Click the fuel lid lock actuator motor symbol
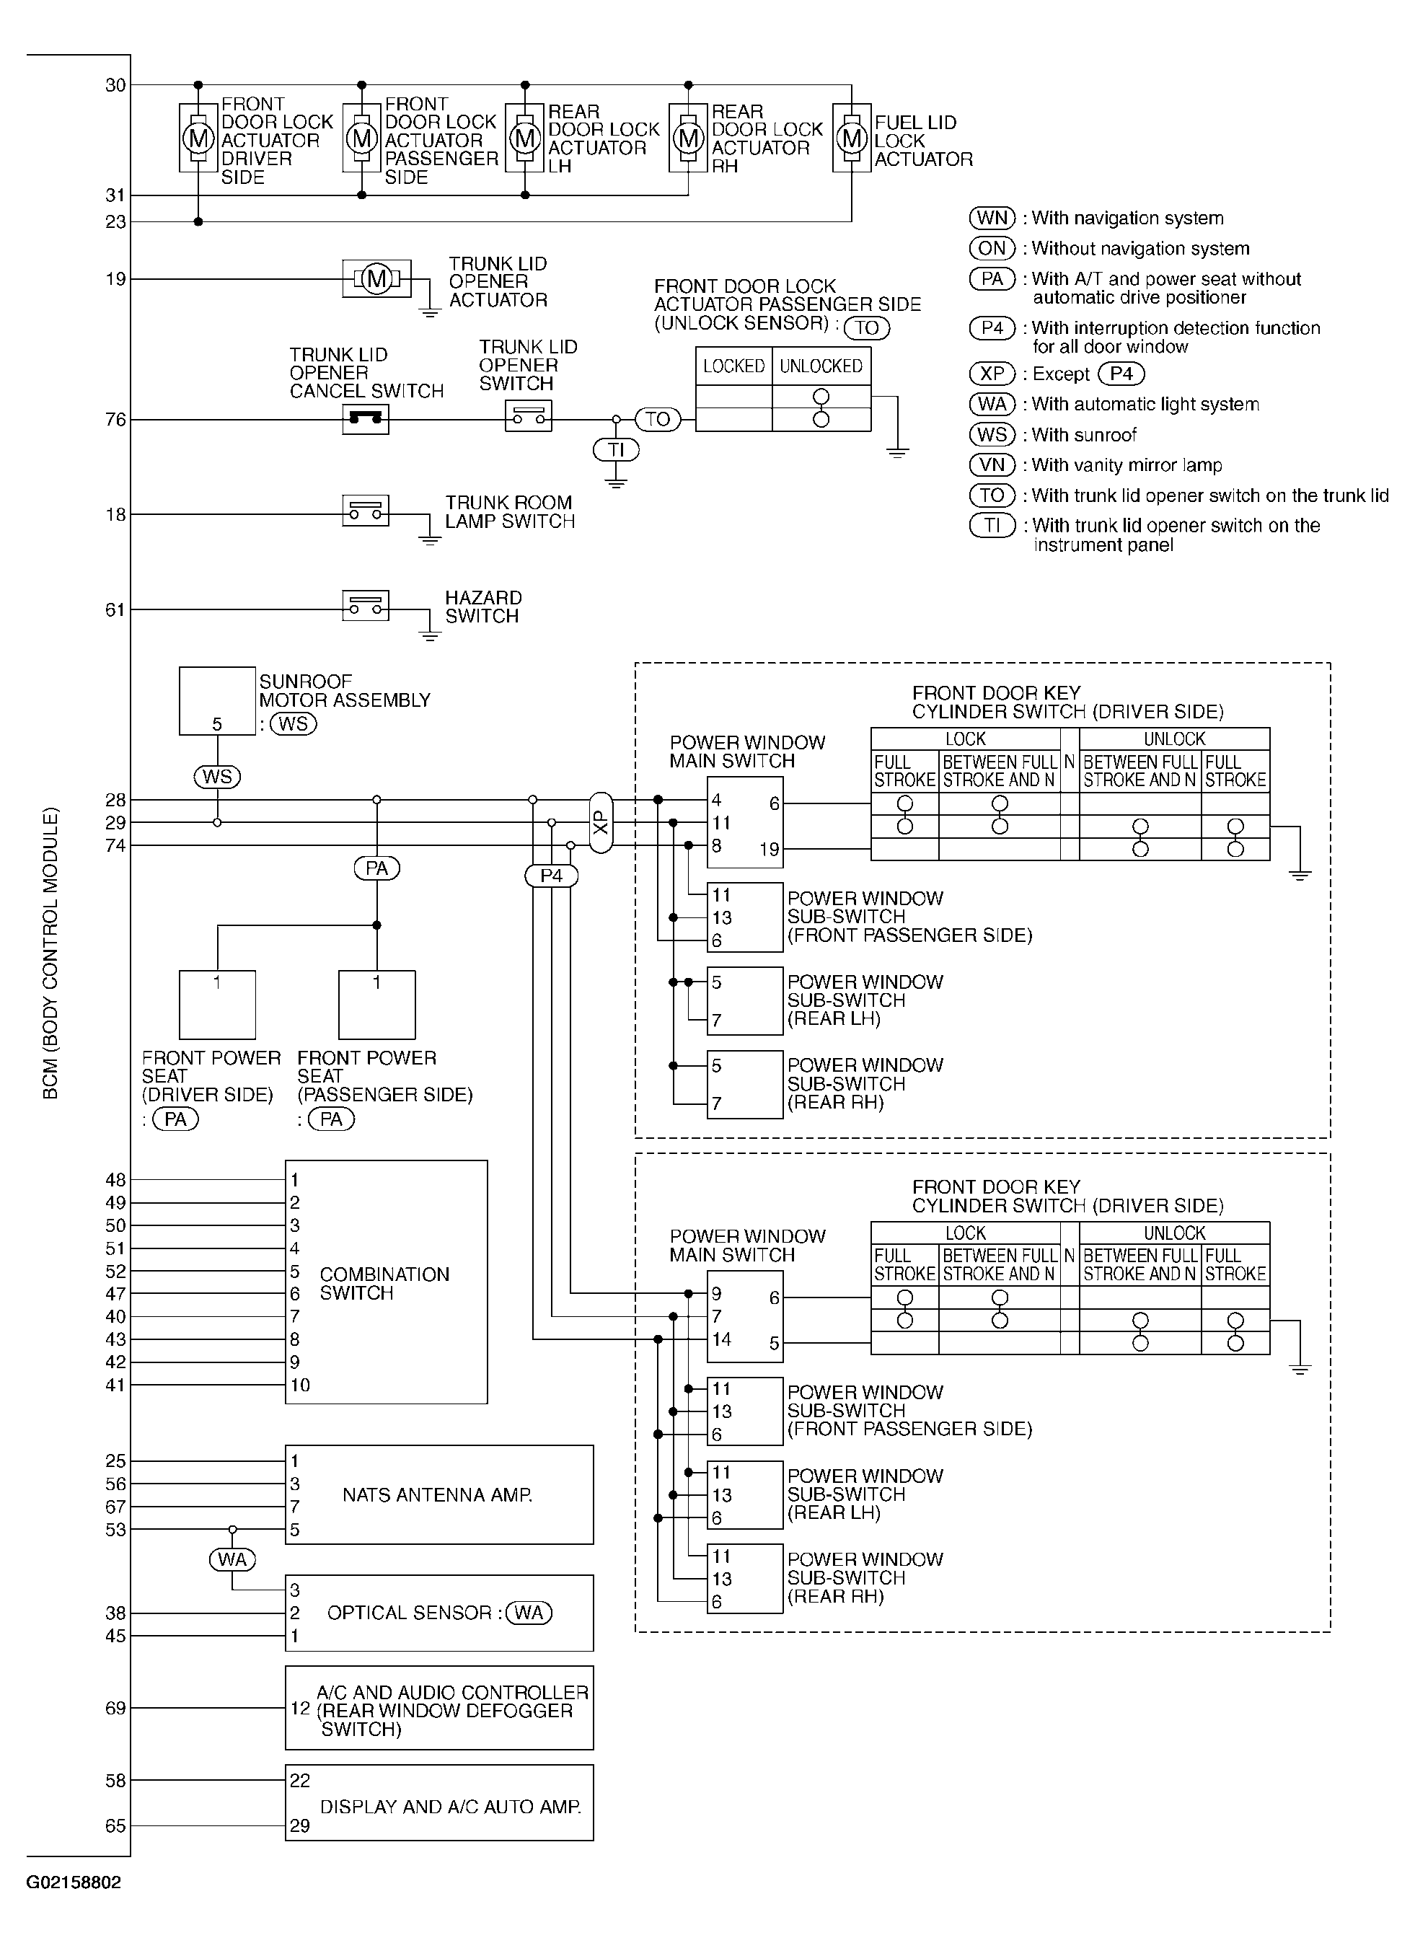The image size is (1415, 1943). coord(852,138)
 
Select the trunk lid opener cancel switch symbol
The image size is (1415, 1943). coord(365,419)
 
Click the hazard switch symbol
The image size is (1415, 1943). coord(365,606)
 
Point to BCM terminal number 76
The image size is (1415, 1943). coord(115,420)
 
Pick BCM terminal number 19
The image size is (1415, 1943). coord(115,278)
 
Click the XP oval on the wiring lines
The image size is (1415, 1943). coord(601,822)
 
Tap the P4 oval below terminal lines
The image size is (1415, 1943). coord(552,876)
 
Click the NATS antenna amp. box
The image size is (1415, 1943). coord(438,1495)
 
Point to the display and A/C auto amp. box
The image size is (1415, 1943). coord(438,1802)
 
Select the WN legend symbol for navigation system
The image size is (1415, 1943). coord(992,218)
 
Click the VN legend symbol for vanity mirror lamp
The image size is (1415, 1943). coord(992,465)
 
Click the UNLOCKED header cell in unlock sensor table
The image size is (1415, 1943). coord(821,366)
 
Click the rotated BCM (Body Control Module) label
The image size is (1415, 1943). coord(50,953)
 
